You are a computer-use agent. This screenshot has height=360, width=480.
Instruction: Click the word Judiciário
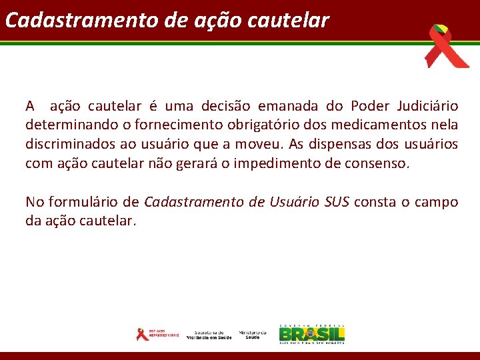point(427,106)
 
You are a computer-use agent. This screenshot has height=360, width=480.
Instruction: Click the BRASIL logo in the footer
point(312,333)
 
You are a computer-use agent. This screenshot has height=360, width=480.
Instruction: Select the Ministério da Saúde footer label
point(253,335)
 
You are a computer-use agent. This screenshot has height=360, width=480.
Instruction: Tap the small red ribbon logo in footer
point(141,334)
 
